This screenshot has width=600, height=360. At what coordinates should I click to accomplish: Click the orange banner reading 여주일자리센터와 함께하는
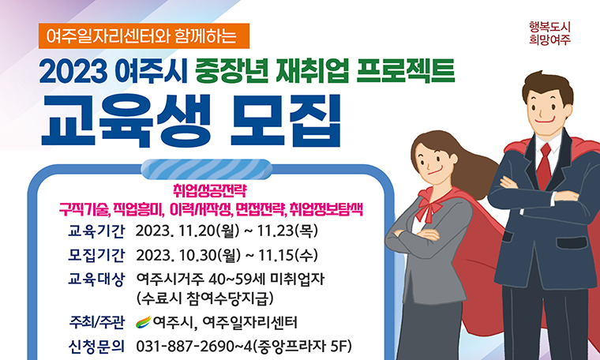click(143, 36)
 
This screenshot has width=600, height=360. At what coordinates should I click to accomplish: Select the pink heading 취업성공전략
click(210, 190)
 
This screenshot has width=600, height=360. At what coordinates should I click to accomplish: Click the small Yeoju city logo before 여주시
click(143, 322)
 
